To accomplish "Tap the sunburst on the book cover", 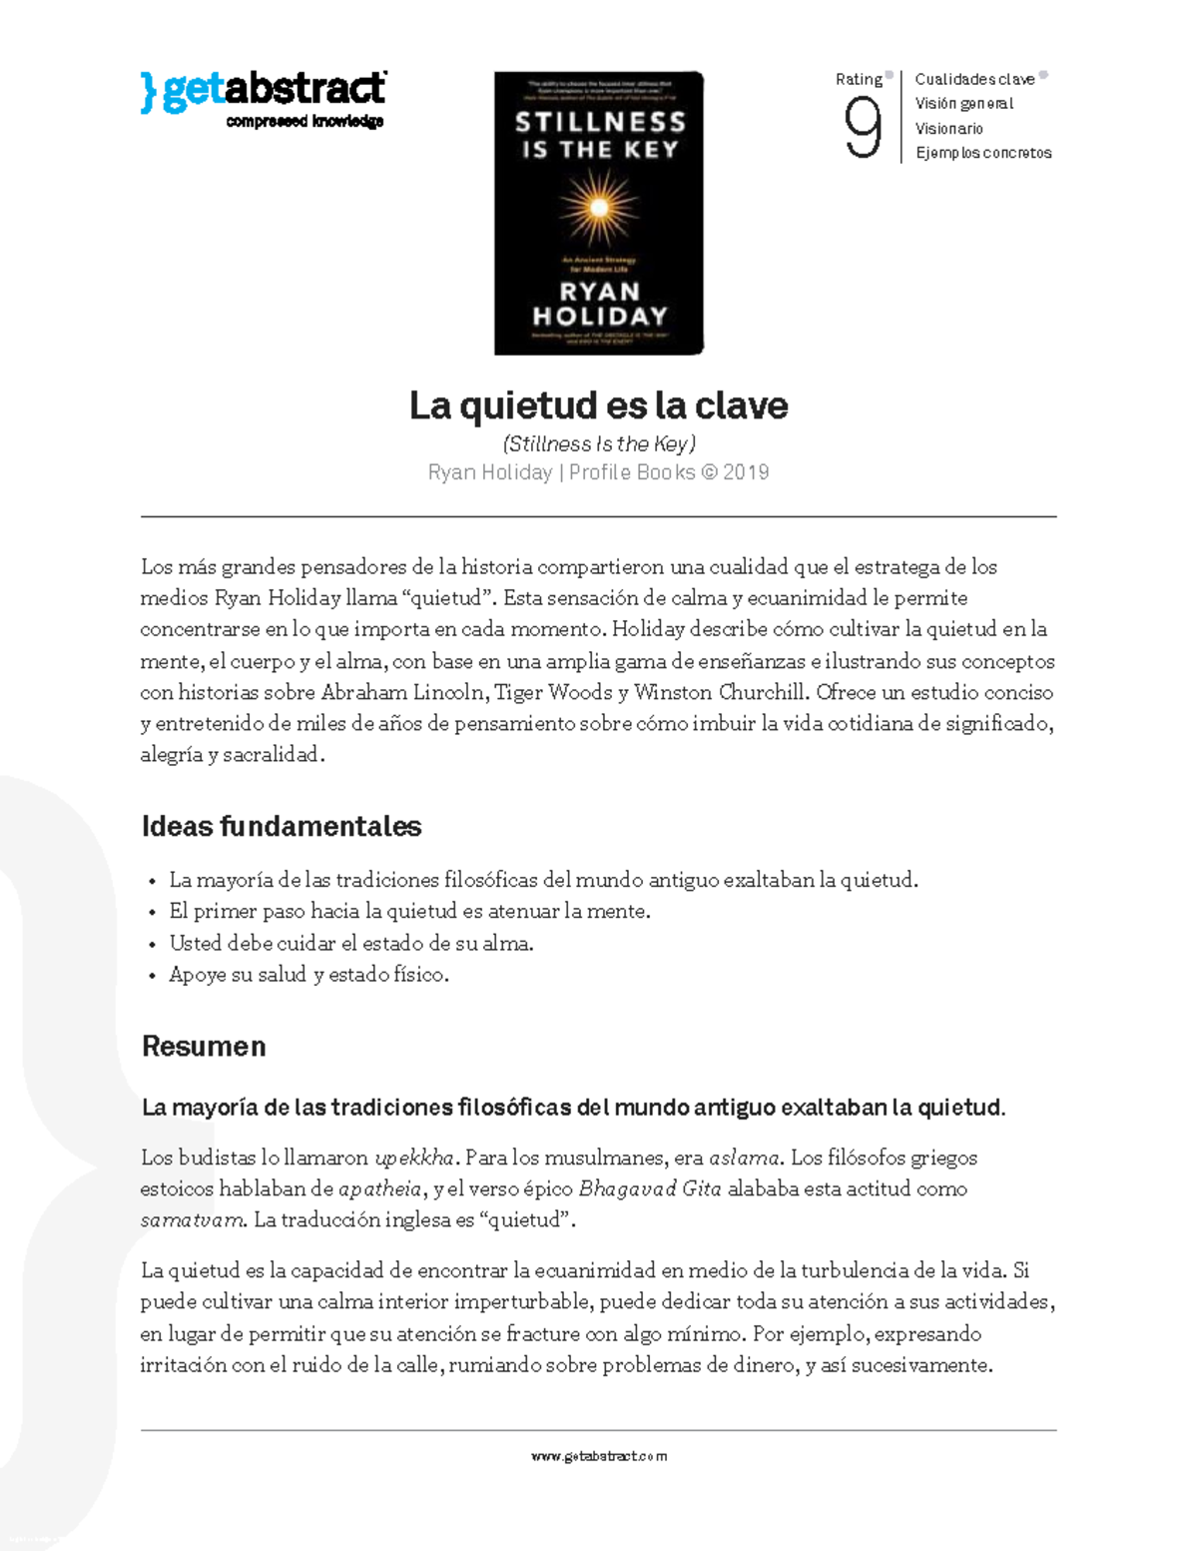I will (599, 208).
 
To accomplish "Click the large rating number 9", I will (863, 128).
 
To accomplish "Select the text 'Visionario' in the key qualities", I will (948, 129).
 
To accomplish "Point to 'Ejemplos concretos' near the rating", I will (983, 153).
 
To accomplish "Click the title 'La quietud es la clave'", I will (598, 405).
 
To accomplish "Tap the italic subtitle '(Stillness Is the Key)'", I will (598, 443).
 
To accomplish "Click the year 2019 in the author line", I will (746, 472).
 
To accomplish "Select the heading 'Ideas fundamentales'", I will (282, 827).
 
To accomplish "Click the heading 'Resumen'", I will (204, 1047).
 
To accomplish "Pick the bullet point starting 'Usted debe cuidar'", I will (350, 943).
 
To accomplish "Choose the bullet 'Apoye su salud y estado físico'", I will (308, 975).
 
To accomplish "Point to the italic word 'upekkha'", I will (414, 1159).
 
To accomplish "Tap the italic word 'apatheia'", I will (380, 1189).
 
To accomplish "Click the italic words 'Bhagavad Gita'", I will (650, 1189).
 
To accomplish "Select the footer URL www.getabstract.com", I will (598, 1456).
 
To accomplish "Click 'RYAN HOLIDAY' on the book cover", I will (599, 304).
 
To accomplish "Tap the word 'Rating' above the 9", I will (859, 80).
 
